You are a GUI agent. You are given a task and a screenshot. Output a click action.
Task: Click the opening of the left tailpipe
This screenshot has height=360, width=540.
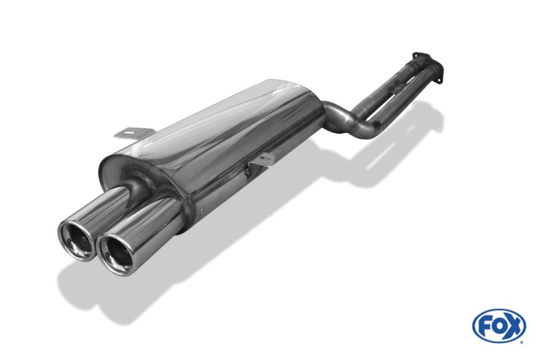(77, 240)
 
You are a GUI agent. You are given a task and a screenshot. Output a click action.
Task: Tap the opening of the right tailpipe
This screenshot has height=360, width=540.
(117, 255)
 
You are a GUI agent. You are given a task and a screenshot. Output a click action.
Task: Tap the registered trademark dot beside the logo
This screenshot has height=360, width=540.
(522, 342)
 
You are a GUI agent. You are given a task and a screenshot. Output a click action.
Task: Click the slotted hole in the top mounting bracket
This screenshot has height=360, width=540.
(129, 132)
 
